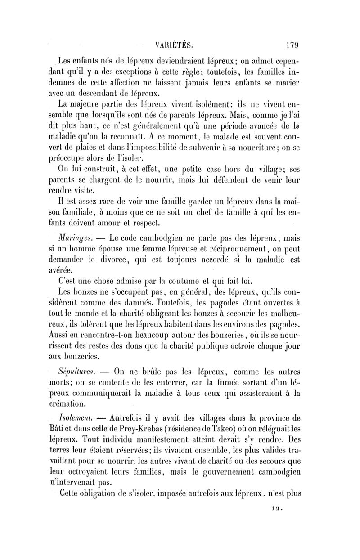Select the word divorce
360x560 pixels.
coord(132,259)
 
